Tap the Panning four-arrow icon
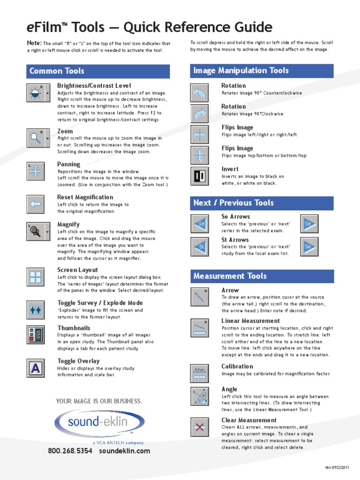(x=36, y=171)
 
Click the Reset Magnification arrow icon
(x=36, y=204)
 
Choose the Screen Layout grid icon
(x=36, y=277)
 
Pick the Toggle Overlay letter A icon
(x=36, y=368)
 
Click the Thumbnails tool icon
(x=36, y=335)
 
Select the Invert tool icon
(x=200, y=176)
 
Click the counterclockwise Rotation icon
(x=200, y=93)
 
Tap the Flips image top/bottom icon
(x=200, y=155)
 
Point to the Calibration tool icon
(x=200, y=373)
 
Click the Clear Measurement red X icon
(x=200, y=427)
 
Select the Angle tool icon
(x=200, y=396)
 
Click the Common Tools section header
(x=98, y=71)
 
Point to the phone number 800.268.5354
(x=70, y=451)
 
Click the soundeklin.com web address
(x=125, y=451)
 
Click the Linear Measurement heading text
(x=250, y=321)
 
